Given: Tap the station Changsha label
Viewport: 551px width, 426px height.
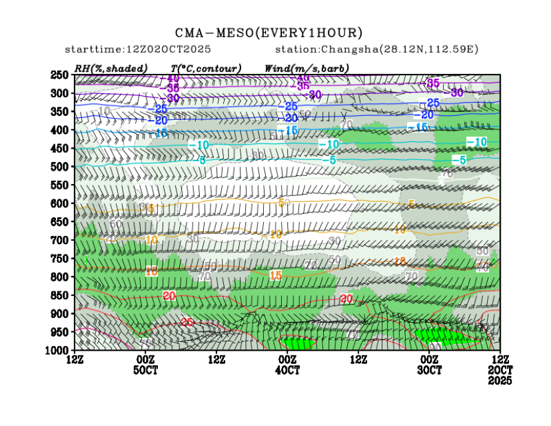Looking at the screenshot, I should pyautogui.click(x=376, y=50).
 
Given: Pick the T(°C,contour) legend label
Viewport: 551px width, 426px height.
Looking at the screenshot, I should pyautogui.click(x=206, y=68).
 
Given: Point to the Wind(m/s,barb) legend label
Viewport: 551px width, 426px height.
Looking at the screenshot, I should pyautogui.click(x=304, y=68).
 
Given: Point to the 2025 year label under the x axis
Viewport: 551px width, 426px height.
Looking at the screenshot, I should pyautogui.click(x=500, y=381).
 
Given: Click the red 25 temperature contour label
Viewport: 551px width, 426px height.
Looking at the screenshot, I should pyautogui.click(x=187, y=323).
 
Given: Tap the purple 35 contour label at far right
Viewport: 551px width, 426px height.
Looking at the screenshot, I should pyautogui.click(x=433, y=83).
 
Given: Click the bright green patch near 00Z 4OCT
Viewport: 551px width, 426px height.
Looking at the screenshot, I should pyautogui.click(x=301, y=343).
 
